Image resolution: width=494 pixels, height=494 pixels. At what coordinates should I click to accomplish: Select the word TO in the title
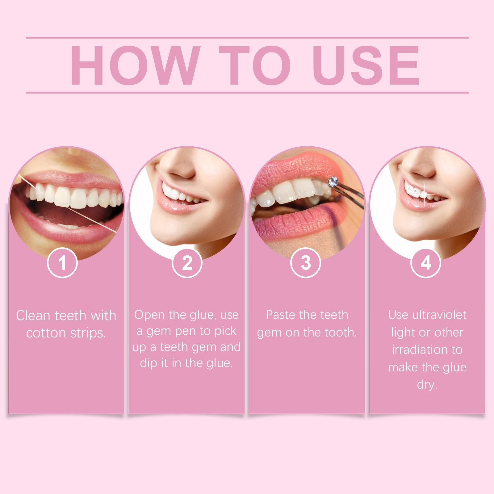click(x=255, y=65)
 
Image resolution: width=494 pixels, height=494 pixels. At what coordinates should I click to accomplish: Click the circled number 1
click(x=62, y=263)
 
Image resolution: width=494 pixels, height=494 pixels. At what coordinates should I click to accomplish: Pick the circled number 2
click(x=187, y=263)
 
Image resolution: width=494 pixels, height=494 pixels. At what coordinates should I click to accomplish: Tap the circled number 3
click(x=306, y=263)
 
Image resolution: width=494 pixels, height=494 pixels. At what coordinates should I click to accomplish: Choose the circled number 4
click(x=426, y=263)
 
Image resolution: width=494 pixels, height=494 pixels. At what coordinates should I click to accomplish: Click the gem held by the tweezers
click(x=333, y=182)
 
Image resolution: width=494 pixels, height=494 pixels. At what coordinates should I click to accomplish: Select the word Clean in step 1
click(x=33, y=316)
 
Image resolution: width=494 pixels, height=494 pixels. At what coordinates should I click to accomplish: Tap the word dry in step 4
click(x=427, y=385)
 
